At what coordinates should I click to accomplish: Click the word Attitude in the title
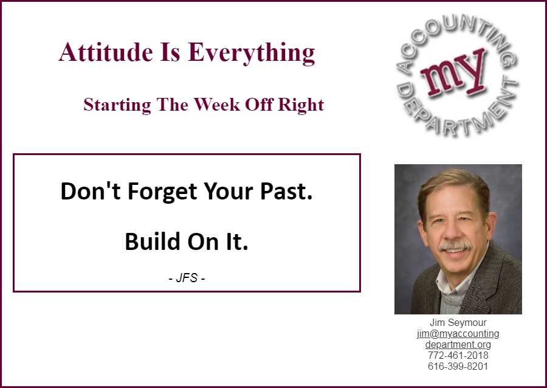coord(106,52)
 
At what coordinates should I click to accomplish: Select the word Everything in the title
coord(251,53)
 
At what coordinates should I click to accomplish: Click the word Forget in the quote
coord(162,192)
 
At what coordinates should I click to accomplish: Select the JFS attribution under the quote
coord(187,278)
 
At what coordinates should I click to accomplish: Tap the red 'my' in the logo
coord(453,72)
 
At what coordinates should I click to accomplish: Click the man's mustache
coord(455,245)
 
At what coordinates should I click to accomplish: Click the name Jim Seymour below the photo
coord(458,322)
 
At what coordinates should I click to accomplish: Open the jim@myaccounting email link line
coord(458,333)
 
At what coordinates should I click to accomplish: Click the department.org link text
coord(458,345)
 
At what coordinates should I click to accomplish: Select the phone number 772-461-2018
coord(458,356)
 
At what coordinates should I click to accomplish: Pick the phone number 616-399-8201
coord(458,366)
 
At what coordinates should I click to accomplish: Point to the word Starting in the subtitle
coord(117,105)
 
